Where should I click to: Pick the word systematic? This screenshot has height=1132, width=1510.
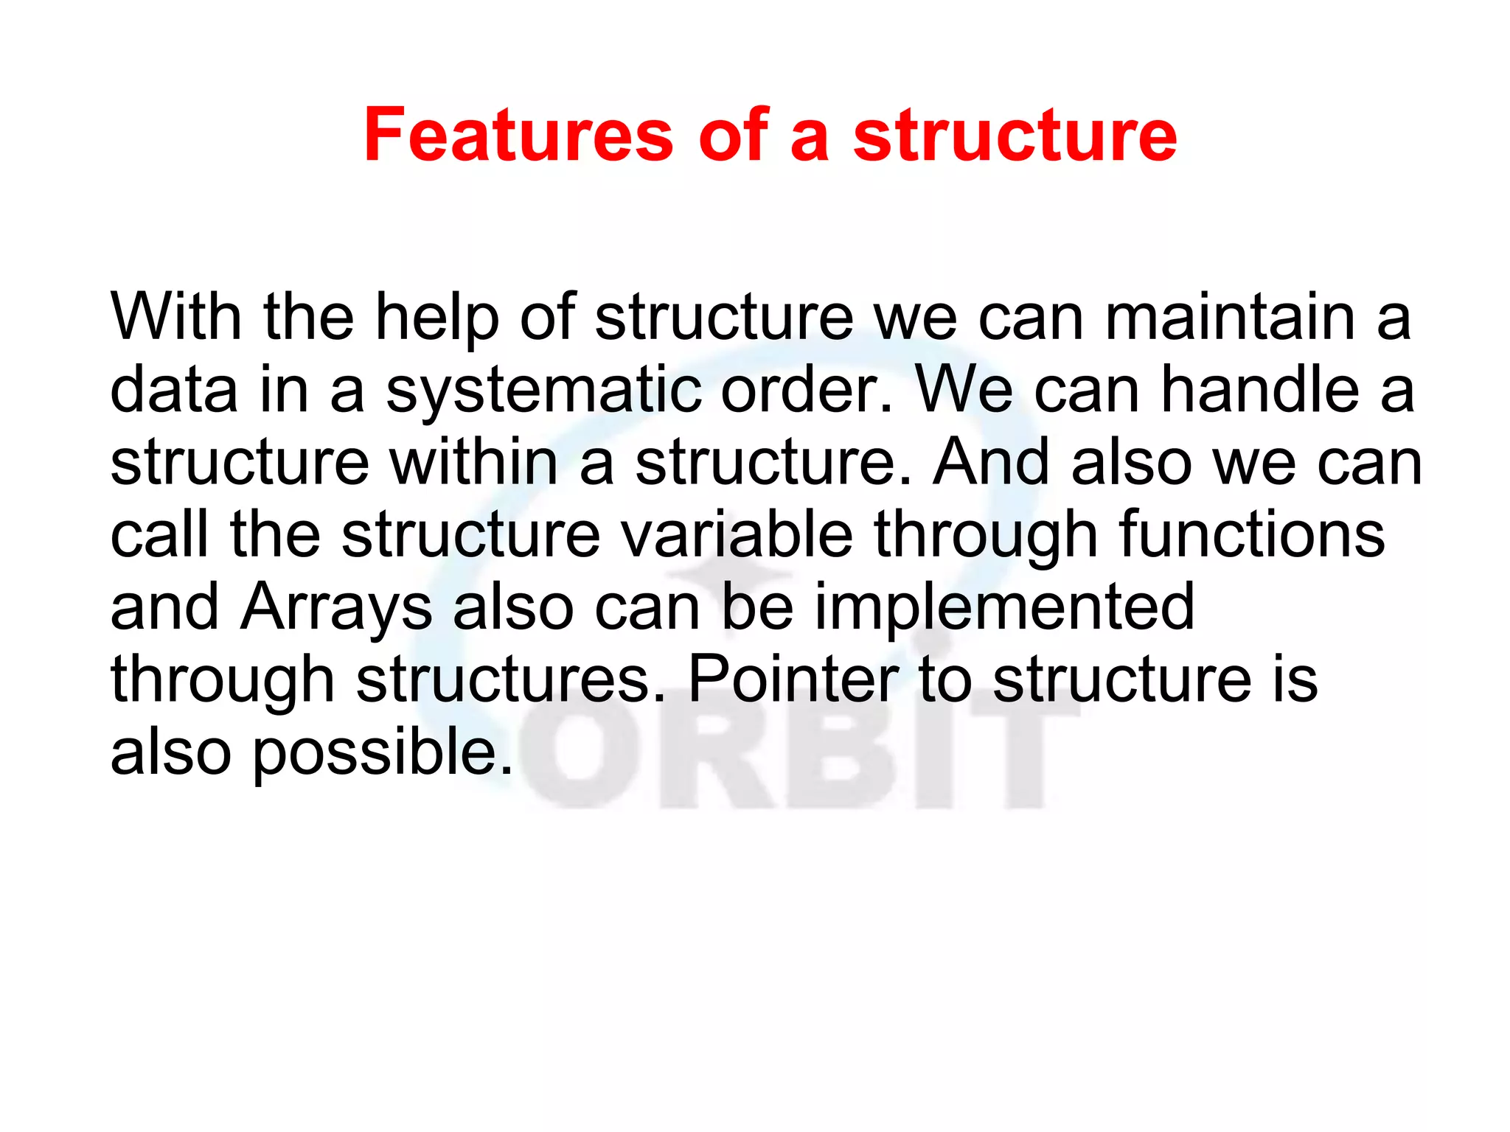tap(543, 391)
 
